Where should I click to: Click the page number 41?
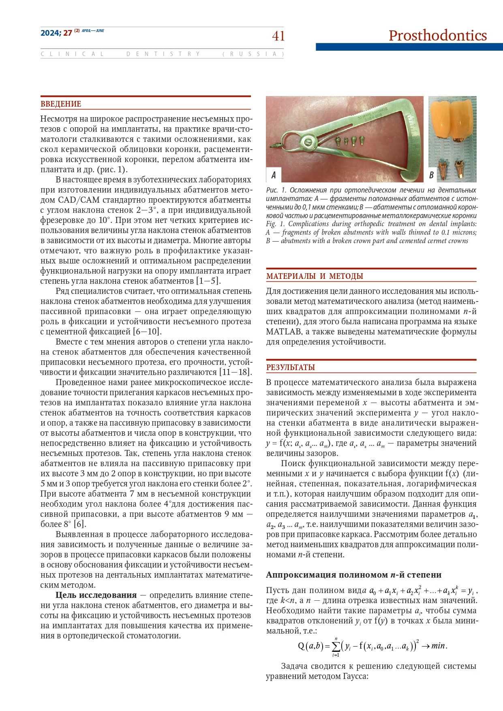point(278,36)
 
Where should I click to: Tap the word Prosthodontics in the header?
point(437,36)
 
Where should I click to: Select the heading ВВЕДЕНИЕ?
point(61,104)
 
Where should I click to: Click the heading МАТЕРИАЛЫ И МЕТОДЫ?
point(315,276)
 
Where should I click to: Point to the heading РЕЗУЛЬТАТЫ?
point(290,368)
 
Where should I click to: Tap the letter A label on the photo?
point(274,175)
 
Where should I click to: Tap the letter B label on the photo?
point(431,175)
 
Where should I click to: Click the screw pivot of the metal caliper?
point(306,141)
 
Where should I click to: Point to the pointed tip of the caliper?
point(272,144)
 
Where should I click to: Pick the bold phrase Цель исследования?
point(96,595)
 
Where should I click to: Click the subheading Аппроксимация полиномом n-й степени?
point(353,575)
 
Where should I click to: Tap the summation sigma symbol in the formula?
point(336,646)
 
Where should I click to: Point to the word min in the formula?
point(438,646)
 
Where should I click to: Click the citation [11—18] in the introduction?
point(235,372)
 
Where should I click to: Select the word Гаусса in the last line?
point(355,676)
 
